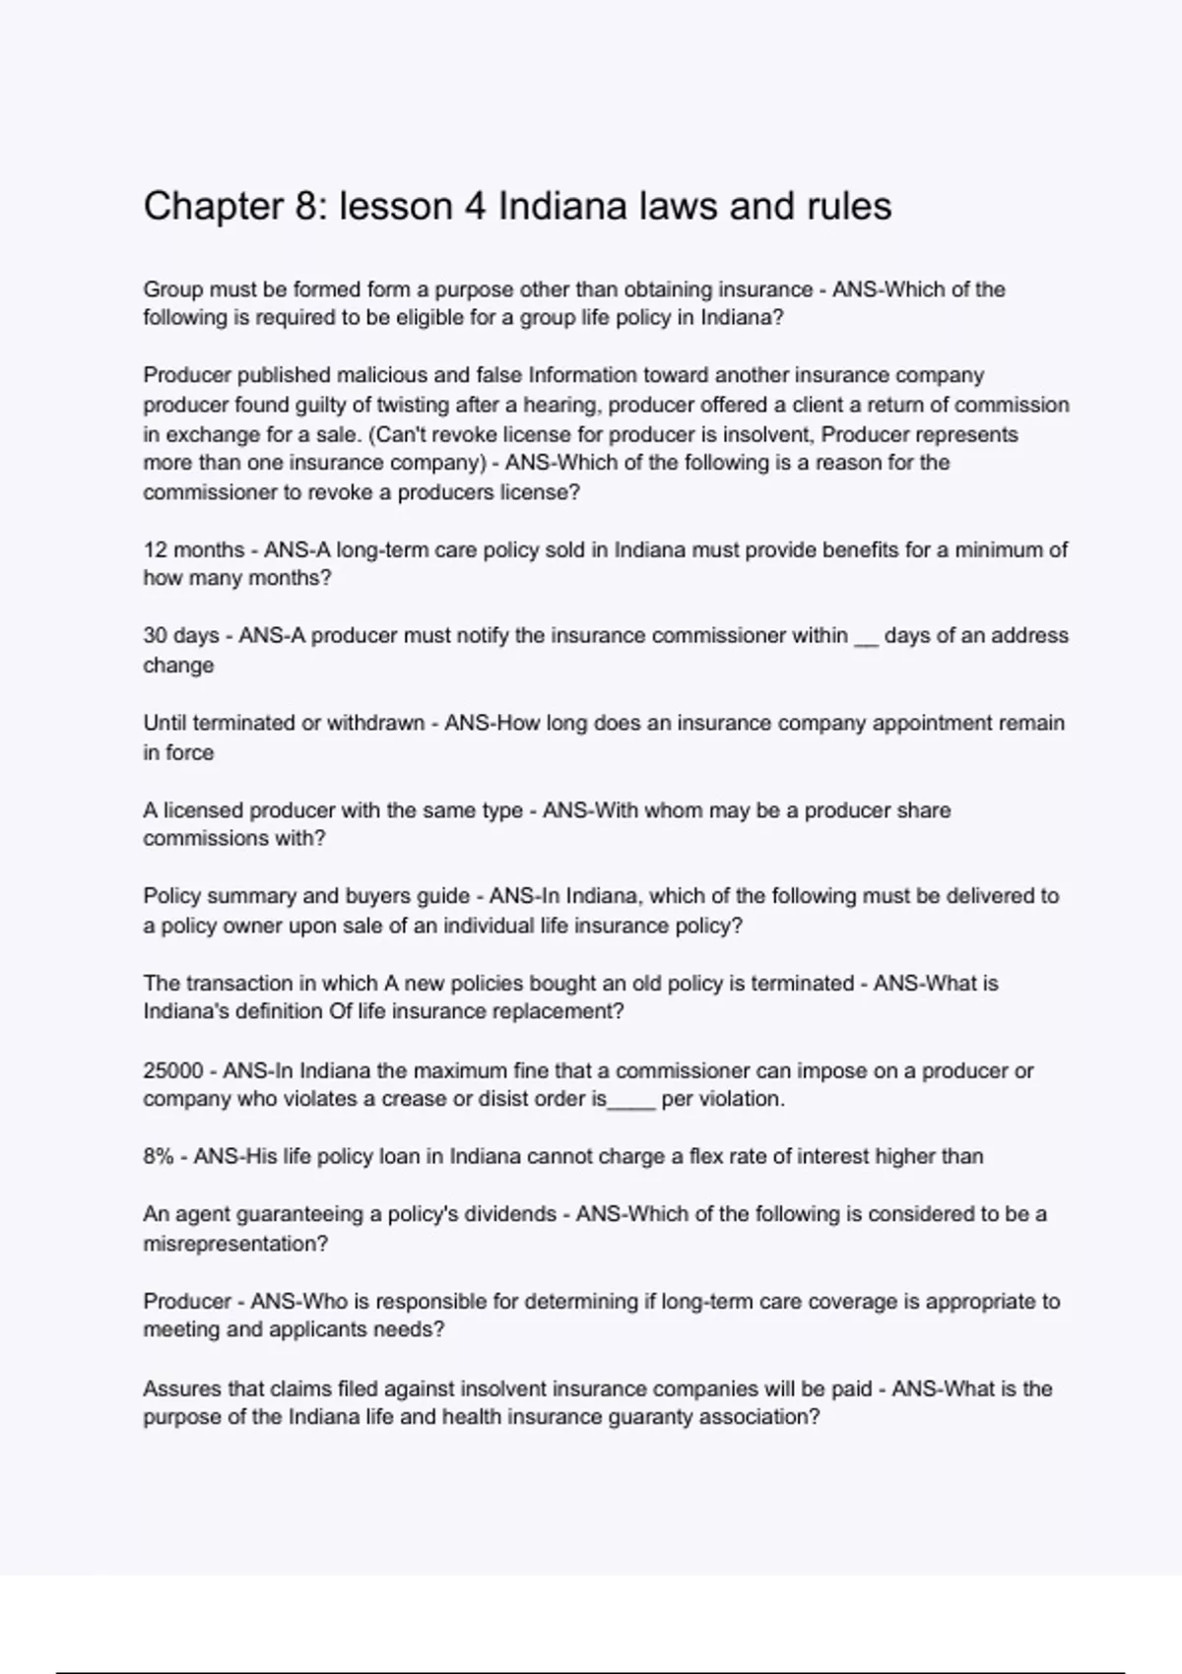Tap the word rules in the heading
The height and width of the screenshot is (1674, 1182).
[x=849, y=207]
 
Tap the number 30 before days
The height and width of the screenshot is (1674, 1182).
[x=156, y=636]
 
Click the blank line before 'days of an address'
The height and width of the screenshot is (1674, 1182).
[x=866, y=640]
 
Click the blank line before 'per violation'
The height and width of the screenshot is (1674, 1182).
[x=631, y=1104]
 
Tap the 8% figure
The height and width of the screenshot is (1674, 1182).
[x=158, y=1156]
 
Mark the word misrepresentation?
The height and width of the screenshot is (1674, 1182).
[x=235, y=1244]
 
